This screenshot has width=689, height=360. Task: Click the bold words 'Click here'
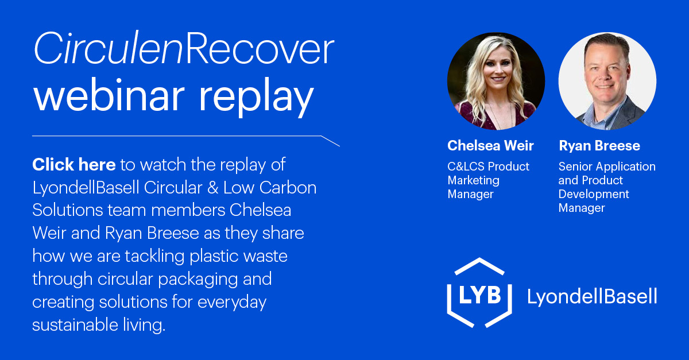coord(74,165)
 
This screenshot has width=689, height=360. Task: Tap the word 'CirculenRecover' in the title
coord(183,51)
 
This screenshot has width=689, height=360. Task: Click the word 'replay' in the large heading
coord(257,98)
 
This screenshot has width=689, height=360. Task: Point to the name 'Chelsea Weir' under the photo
coord(490,146)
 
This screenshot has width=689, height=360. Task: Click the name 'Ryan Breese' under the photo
coord(599,146)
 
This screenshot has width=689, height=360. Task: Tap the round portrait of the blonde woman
coord(496,81)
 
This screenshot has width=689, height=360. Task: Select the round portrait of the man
coord(607,81)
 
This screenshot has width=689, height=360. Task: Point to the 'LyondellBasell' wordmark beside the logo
coord(592,296)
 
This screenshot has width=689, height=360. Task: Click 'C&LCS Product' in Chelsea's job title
coord(489,167)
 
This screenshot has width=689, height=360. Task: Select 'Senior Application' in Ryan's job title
coord(607,167)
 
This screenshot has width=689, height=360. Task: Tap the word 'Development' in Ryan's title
coord(594,194)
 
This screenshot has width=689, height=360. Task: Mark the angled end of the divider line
coord(331,141)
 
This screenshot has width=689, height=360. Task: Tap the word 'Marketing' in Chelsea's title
coord(474,180)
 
